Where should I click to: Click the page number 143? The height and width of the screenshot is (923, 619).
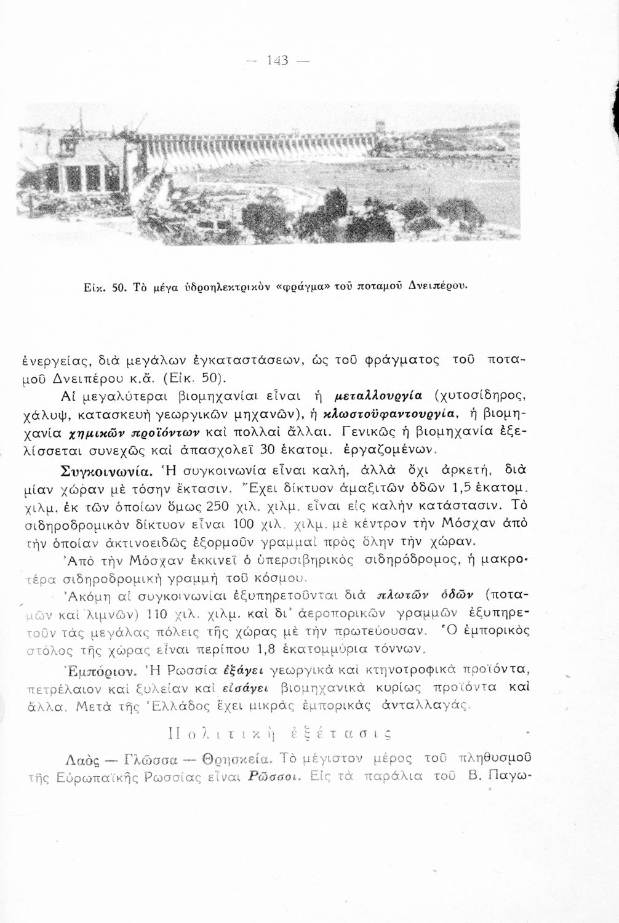pyautogui.click(x=279, y=62)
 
